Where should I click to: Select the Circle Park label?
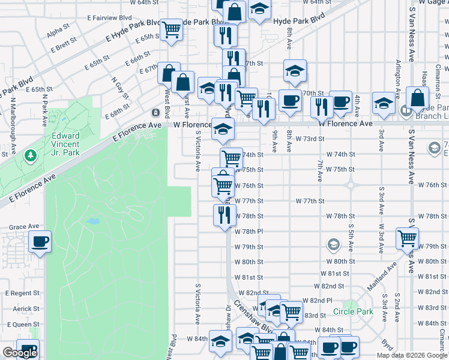[x=354, y=311]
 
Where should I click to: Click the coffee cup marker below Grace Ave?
[x=40, y=242]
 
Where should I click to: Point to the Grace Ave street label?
[x=23, y=227]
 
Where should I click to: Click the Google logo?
[x=20, y=353]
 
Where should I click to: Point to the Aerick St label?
[x=26, y=308]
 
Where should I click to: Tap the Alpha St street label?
[x=58, y=29]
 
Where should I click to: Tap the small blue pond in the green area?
[x=92, y=221]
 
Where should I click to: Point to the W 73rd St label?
[x=310, y=139]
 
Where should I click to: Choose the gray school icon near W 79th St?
[x=333, y=244]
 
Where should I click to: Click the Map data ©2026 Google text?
[x=412, y=355]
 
